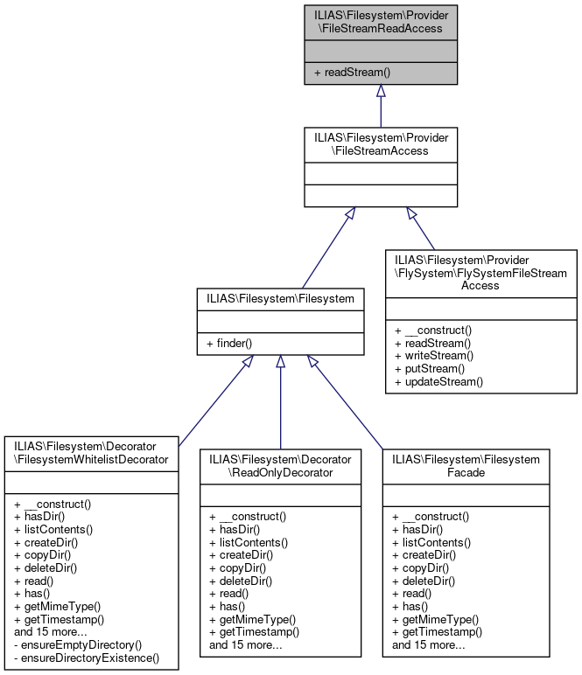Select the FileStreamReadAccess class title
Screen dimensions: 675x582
click(380, 21)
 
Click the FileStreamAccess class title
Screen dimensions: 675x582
click(380, 144)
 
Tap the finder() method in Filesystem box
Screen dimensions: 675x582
click(229, 344)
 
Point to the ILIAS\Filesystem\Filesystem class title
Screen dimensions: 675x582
click(280, 298)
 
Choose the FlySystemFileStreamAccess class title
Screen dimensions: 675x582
click(480, 272)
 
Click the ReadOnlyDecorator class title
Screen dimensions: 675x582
click(280, 465)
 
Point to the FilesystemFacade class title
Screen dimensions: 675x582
click(466, 465)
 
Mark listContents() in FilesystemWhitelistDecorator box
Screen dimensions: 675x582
click(53, 529)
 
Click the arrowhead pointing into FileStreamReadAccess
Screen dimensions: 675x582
click(380, 91)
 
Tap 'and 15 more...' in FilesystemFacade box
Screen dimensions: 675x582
click(429, 645)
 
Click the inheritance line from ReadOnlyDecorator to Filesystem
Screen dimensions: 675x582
click(280, 411)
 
